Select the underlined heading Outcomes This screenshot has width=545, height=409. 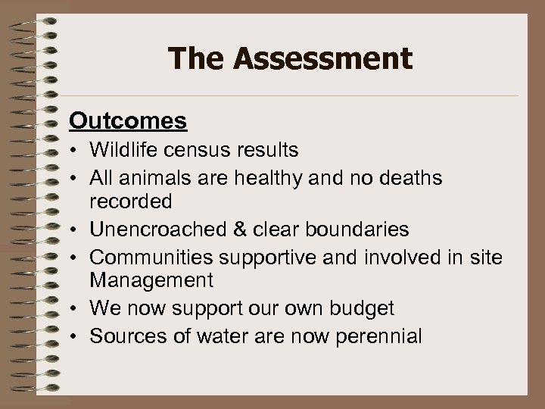pyautogui.click(x=128, y=120)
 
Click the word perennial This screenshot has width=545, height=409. pyautogui.click(x=376, y=336)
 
